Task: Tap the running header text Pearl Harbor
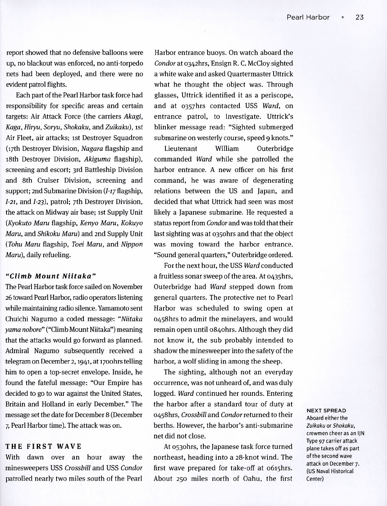[x=308, y=17]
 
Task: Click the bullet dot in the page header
[x=343, y=17]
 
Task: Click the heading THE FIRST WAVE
[x=44, y=446]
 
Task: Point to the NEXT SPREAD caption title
[x=326, y=410]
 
